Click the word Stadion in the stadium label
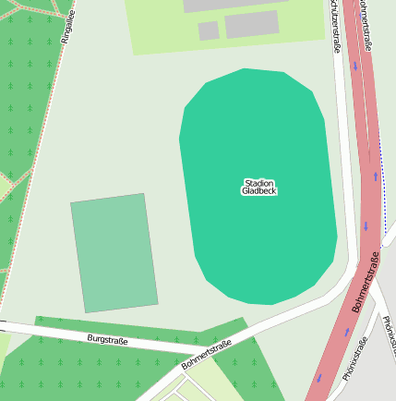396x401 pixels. click(x=259, y=183)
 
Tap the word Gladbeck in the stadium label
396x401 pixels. click(x=259, y=191)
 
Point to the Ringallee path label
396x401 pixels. click(x=66, y=27)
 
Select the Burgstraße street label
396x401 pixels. click(x=107, y=340)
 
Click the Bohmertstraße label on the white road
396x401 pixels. click(x=206, y=355)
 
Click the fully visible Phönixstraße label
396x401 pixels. click(x=355, y=359)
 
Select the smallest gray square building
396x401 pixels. click(x=209, y=30)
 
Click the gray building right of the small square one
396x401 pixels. click(x=251, y=24)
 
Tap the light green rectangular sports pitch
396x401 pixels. click(x=114, y=252)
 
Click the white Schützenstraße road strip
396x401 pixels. click(x=342, y=139)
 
